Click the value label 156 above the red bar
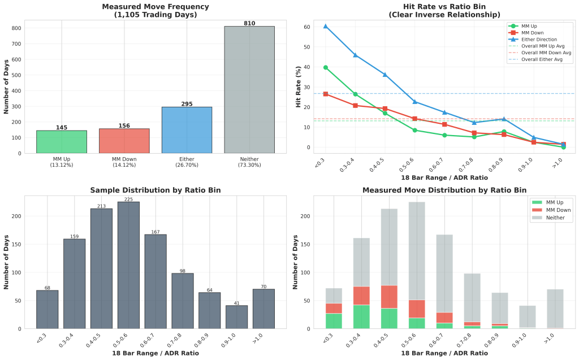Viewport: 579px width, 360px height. click(124, 126)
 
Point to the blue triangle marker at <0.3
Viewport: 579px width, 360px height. click(325, 26)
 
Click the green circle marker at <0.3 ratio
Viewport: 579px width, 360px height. click(325, 67)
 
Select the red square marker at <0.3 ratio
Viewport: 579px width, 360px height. click(325, 94)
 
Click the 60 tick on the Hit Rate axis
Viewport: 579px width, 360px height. click(306, 27)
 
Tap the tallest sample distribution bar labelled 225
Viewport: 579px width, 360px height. click(128, 266)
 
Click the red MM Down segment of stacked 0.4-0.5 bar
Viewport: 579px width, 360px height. click(388, 297)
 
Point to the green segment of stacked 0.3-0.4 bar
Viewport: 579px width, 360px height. click(361, 317)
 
